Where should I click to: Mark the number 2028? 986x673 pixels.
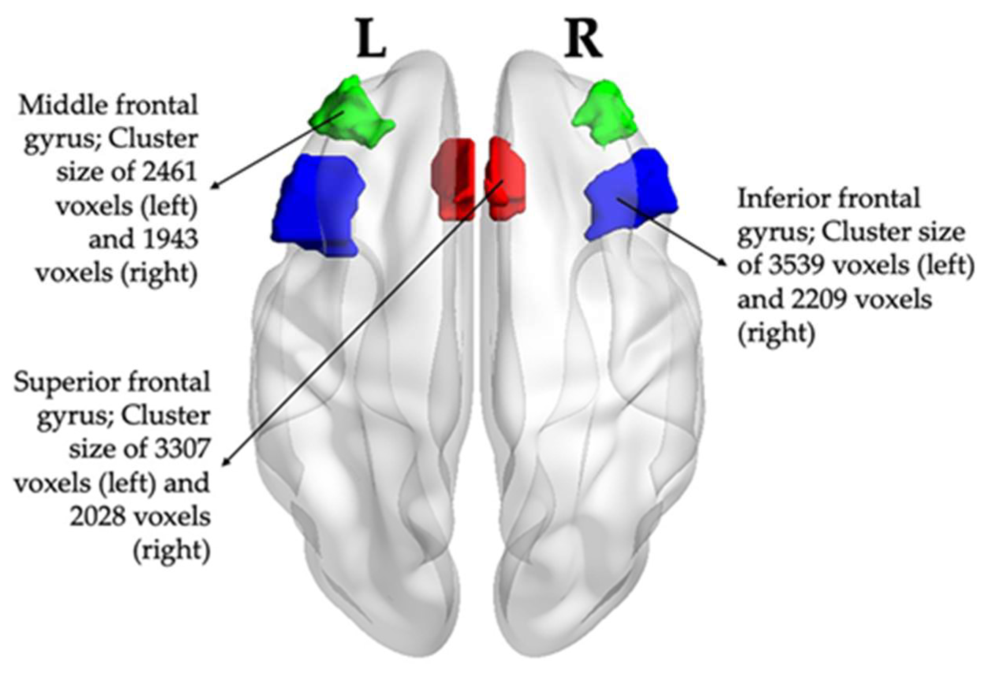pyautogui.click(x=100, y=517)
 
